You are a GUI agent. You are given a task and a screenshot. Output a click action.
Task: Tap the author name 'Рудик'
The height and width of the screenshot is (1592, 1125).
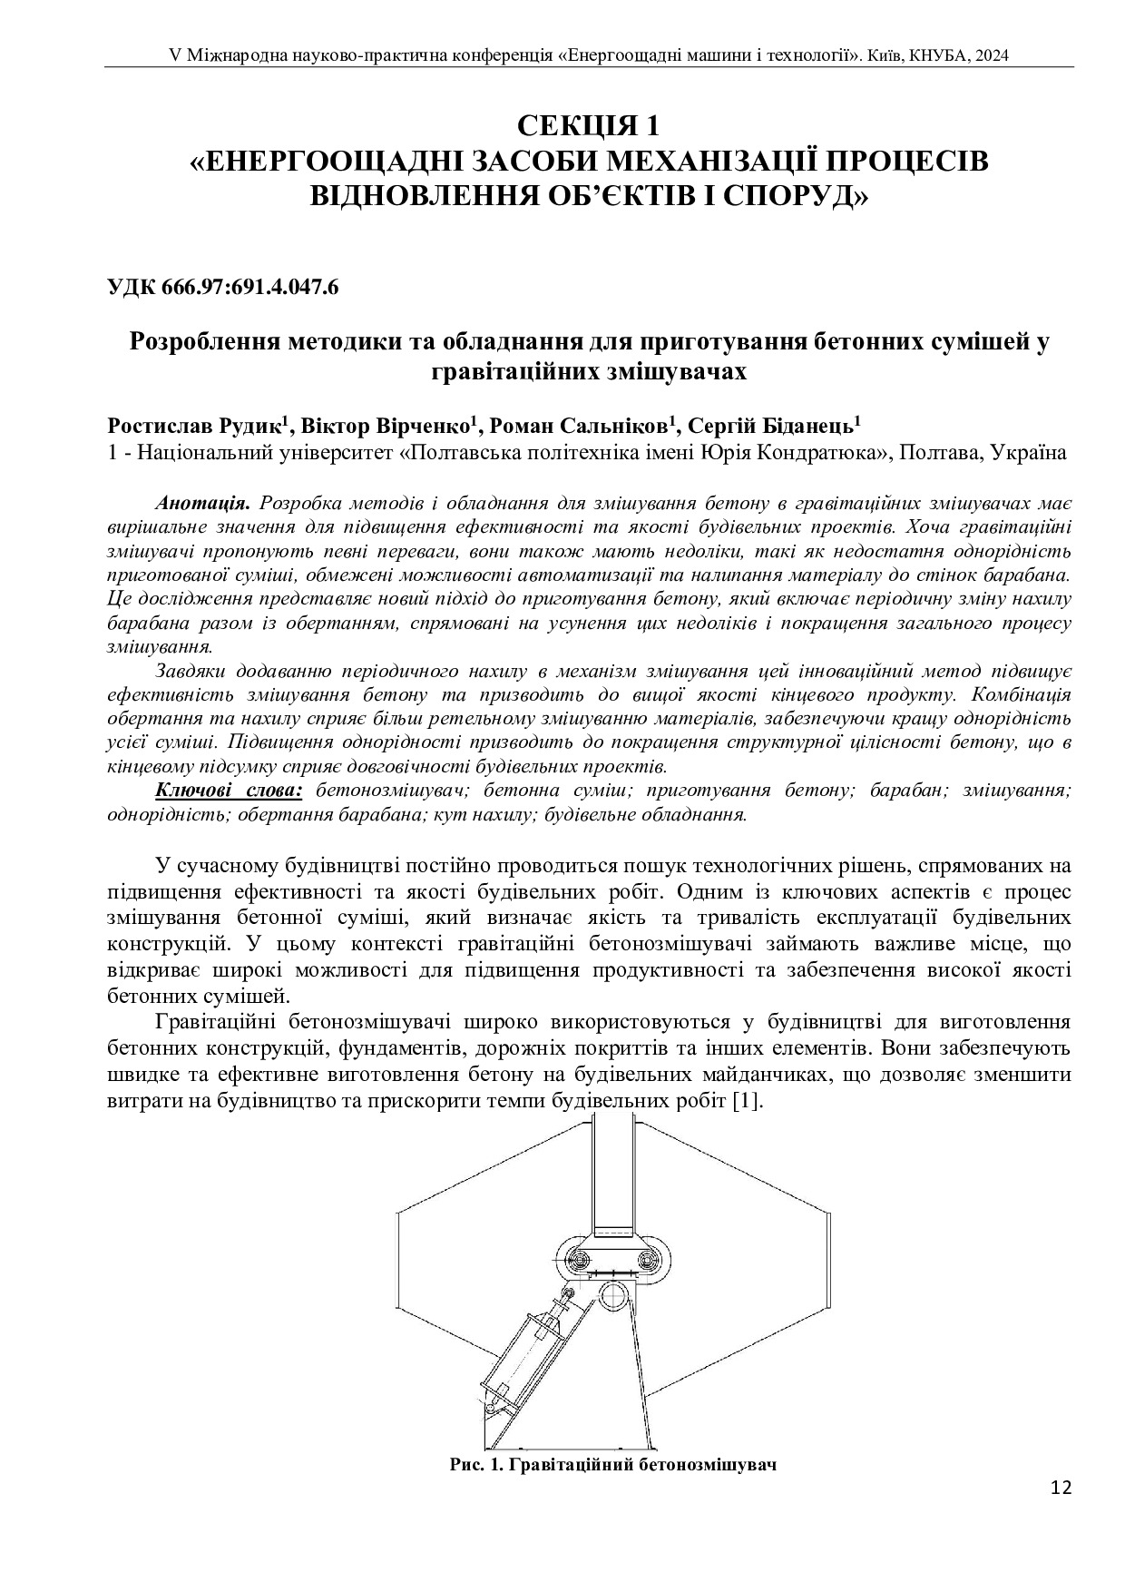click(249, 427)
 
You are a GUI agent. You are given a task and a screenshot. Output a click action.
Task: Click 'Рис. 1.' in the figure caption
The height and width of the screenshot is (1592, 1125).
click(478, 1465)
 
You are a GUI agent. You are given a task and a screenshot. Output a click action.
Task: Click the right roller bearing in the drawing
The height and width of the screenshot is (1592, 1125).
click(647, 1259)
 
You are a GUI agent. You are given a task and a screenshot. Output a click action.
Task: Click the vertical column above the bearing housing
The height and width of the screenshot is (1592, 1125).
click(612, 1171)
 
